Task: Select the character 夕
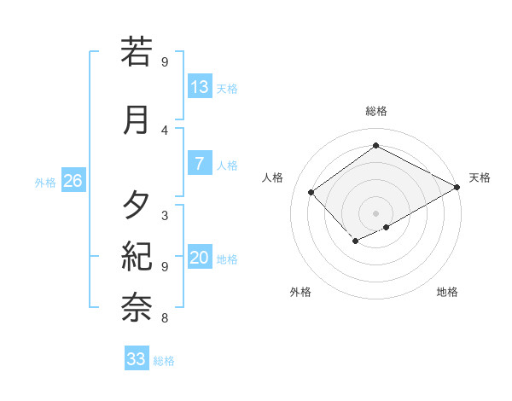coord(137,206)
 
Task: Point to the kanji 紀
coord(137,257)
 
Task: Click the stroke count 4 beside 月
coord(165,130)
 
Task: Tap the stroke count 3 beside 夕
coord(165,215)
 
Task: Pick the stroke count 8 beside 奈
coord(165,318)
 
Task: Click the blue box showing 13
coord(200,86)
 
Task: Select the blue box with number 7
coord(200,163)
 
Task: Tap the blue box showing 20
coord(200,258)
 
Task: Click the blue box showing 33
coord(137,359)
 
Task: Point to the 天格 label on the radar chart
coord(480,177)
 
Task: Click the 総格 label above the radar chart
coord(376,111)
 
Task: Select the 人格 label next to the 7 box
coord(227,166)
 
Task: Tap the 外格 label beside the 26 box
coord(45,182)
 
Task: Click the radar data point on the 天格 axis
coord(458,187)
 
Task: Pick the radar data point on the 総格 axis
coord(376,146)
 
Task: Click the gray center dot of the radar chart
coord(376,212)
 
